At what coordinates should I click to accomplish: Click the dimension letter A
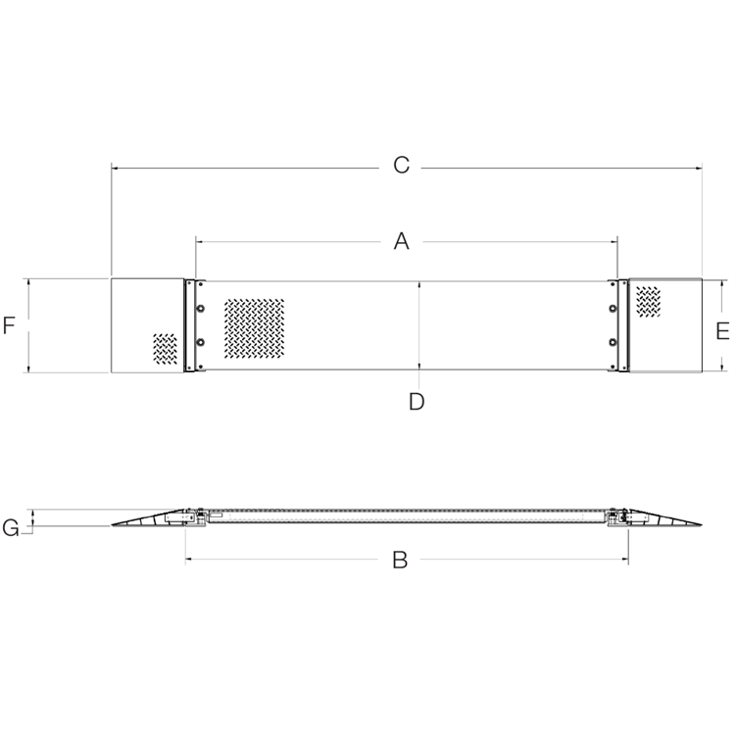pos(401,241)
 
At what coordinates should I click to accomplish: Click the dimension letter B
pos(400,561)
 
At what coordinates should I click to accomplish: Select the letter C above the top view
pos(401,166)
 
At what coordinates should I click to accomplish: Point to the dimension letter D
pos(417,401)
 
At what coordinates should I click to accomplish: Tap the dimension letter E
pos(722,331)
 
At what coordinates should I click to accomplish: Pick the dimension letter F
pos(9,325)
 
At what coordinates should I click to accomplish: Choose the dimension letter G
pos(11,529)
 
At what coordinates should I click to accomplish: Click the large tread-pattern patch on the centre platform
pos(254,327)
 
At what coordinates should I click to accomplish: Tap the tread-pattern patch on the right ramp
pos(649,301)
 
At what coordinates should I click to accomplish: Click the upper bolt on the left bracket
pos(201,309)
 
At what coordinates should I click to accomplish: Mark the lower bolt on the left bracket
pos(201,343)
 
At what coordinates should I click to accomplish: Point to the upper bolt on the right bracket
pos(614,309)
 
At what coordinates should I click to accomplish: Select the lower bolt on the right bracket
pos(614,343)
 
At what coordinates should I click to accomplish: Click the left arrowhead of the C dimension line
pos(114,169)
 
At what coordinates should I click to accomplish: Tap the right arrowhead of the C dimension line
pos(700,169)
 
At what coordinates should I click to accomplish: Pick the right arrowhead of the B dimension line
pos(625,560)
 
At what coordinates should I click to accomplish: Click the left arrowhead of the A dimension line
pos(199,239)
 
